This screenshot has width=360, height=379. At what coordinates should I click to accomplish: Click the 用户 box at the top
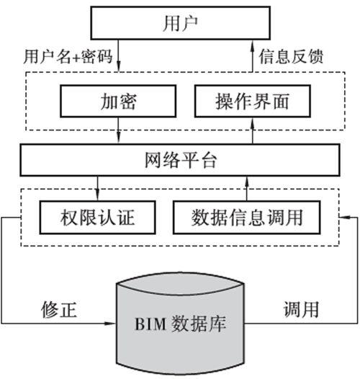pyautogui.click(x=180, y=23)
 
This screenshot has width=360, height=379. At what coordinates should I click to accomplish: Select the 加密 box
pyautogui.click(x=118, y=101)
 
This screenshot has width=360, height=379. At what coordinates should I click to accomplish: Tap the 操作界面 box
pyautogui.click(x=253, y=101)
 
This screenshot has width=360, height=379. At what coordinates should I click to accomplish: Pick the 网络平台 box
pyautogui.click(x=180, y=160)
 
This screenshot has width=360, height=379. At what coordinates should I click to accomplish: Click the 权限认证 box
pyautogui.click(x=97, y=218)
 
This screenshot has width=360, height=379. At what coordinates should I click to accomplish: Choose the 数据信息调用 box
pyautogui.click(x=247, y=218)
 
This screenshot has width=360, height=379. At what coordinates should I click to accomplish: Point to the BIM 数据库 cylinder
pyautogui.click(x=180, y=324)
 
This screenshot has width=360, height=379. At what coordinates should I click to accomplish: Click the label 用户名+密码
pyautogui.click(x=68, y=56)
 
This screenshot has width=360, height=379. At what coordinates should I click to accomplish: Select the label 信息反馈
pyautogui.click(x=291, y=56)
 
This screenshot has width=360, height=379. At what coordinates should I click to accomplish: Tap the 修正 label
pyautogui.click(x=59, y=309)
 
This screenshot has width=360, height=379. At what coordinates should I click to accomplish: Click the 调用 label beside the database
pyautogui.click(x=301, y=309)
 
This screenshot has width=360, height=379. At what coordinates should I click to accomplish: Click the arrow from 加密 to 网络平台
pyautogui.click(x=118, y=130)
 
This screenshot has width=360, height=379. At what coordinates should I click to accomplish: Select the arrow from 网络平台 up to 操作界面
pyautogui.click(x=253, y=130)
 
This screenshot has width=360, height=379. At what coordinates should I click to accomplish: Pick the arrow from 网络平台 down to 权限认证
pyautogui.click(x=97, y=189)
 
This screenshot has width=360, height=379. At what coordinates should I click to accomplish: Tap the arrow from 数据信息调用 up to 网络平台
pyautogui.click(x=247, y=189)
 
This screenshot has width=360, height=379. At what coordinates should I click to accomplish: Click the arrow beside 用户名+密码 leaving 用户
pyautogui.click(x=118, y=55)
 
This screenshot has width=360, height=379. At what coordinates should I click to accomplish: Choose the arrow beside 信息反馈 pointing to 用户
pyautogui.click(x=253, y=55)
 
